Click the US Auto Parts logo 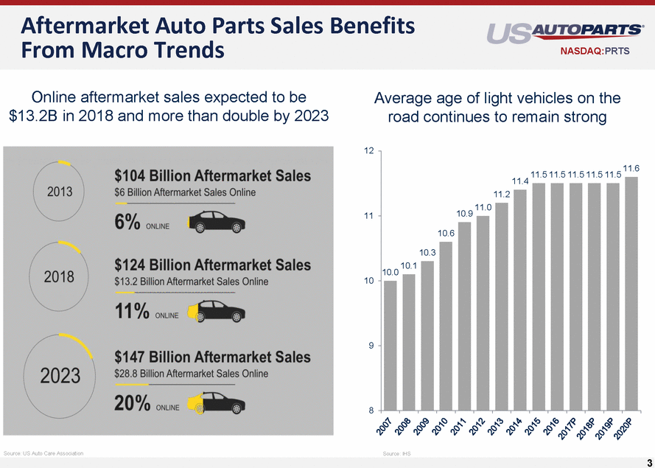(564, 33)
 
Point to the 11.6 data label (631, 169)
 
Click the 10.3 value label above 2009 (427, 253)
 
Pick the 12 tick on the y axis (368, 151)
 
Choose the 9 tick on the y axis (368, 346)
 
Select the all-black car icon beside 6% (217, 222)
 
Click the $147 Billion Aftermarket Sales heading (212, 357)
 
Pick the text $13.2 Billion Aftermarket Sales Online (192, 282)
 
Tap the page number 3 (648, 462)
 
